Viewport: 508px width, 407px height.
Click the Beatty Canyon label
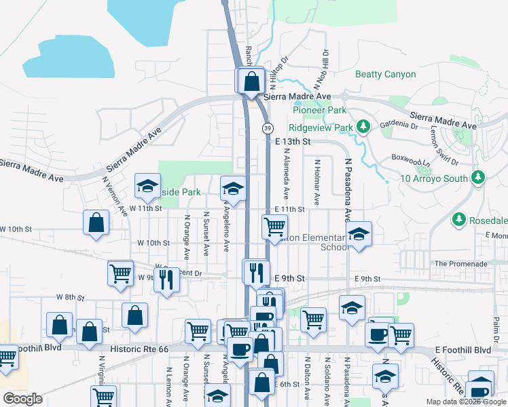[385, 74]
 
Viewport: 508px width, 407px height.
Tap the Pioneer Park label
[319, 110]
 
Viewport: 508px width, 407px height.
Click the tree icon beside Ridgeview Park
[363, 127]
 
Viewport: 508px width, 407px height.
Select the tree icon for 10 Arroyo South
[479, 178]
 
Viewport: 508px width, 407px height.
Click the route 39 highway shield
[268, 128]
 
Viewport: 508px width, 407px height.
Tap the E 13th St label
[293, 142]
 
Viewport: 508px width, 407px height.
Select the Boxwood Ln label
[412, 161]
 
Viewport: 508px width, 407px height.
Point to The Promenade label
[460, 263]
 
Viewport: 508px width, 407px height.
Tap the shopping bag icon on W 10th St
[96, 222]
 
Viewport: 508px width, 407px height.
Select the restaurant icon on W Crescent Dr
[166, 279]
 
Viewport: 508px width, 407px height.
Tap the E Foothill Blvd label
[463, 350]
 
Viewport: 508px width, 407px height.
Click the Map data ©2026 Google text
[465, 402]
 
